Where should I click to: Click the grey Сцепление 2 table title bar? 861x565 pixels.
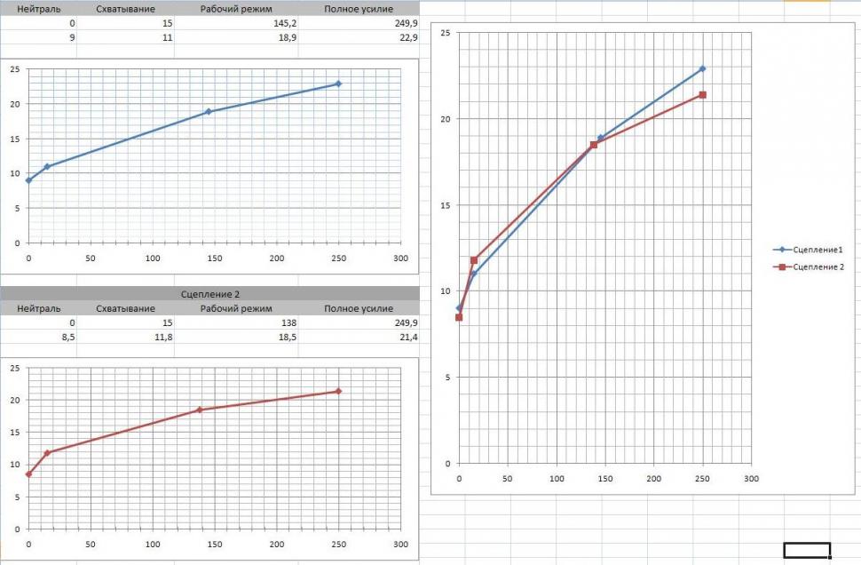pyautogui.click(x=209, y=293)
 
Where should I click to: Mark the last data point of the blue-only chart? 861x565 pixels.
pyautogui.click(x=338, y=84)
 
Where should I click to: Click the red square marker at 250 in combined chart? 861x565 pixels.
pyautogui.click(x=703, y=95)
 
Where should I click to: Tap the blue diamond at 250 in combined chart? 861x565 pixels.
pyautogui.click(x=703, y=68)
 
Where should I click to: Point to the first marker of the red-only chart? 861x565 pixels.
pyautogui.click(x=28, y=474)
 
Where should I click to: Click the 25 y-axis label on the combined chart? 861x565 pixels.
pyautogui.click(x=446, y=33)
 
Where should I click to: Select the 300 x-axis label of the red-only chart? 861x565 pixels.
pyautogui.click(x=400, y=544)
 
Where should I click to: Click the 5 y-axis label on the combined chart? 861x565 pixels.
pyautogui.click(x=447, y=378)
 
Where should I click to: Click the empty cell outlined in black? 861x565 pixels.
pyautogui.click(x=807, y=550)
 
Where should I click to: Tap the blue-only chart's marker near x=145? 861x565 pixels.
pyautogui.click(x=209, y=112)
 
